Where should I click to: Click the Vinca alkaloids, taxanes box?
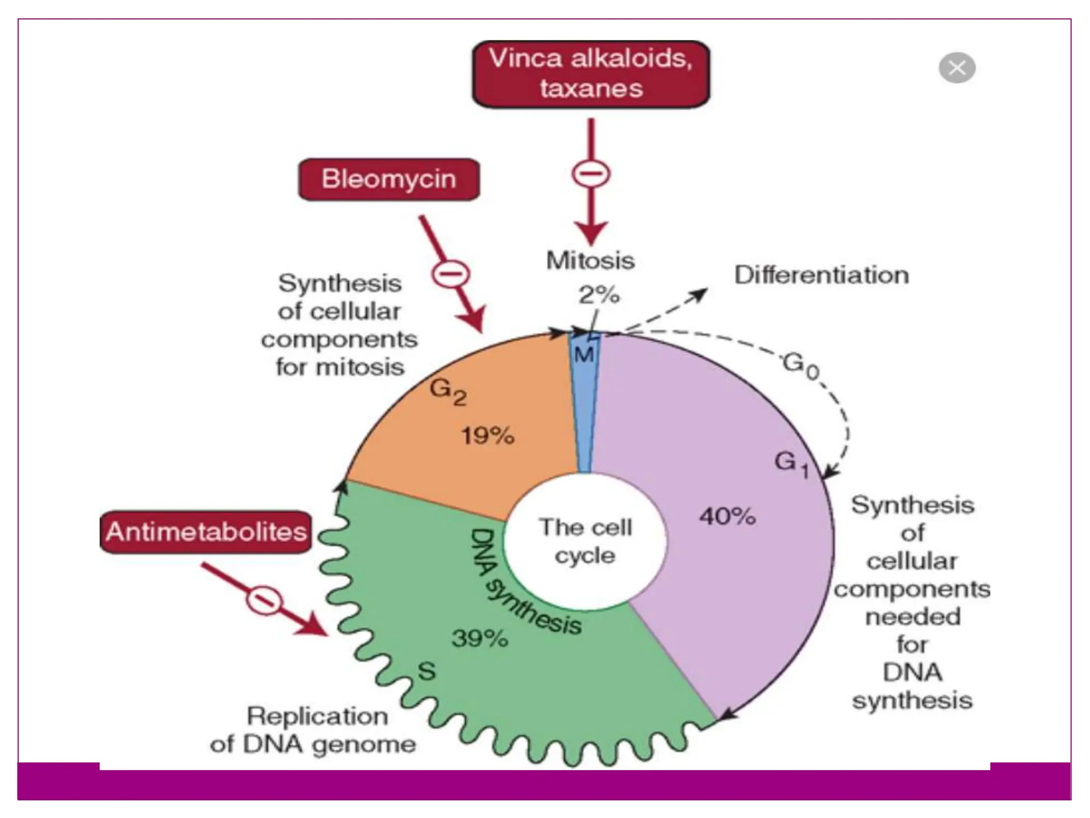591,74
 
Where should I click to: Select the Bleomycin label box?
389,179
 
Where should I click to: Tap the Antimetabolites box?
205,532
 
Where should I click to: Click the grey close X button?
956,68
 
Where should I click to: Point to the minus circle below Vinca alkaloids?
591,174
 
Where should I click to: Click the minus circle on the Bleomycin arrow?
450,274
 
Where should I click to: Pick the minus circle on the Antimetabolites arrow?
264,600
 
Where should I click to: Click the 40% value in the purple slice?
727,516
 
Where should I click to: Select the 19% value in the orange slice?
488,436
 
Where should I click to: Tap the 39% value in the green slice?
480,638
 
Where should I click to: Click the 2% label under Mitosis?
599,295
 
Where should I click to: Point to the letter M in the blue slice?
584,355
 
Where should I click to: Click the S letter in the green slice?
427,671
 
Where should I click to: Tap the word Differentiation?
821,275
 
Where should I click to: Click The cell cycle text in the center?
585,541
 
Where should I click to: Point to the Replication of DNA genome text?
314,730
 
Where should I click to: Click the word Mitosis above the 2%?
590,260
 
